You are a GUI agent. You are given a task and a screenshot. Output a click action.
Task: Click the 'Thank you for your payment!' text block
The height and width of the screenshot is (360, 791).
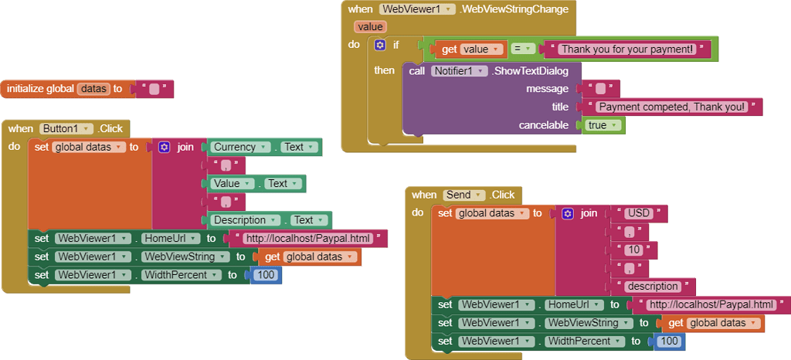point(627,49)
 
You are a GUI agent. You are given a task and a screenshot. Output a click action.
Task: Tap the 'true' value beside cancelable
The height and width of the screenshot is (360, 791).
point(603,125)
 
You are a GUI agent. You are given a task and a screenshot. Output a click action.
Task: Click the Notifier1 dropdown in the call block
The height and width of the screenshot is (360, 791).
point(458,71)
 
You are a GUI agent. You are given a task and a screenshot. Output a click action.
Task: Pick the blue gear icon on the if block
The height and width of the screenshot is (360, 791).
point(379,45)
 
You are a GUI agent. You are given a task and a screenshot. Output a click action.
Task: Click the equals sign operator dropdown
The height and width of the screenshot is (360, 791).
point(524,49)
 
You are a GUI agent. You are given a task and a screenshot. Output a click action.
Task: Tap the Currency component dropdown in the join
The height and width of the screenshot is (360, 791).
point(240,147)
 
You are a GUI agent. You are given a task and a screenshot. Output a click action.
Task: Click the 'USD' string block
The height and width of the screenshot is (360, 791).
point(639,213)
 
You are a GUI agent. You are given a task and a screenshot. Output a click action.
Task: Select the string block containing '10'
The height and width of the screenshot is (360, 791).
point(633,250)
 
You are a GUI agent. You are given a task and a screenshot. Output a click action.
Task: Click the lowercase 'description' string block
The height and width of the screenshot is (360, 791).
point(653,287)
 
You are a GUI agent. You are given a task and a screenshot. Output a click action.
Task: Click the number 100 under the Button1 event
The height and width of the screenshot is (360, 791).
point(266,275)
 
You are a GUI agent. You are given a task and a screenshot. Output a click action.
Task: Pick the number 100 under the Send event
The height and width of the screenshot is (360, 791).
point(669,341)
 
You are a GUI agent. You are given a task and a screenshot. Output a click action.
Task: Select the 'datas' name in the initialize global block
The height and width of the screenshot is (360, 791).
point(93,89)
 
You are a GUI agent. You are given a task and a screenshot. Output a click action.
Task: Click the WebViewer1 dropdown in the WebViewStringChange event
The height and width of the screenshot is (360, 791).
point(417,9)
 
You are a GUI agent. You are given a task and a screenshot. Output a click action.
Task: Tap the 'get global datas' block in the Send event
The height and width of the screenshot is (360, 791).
point(713,323)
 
